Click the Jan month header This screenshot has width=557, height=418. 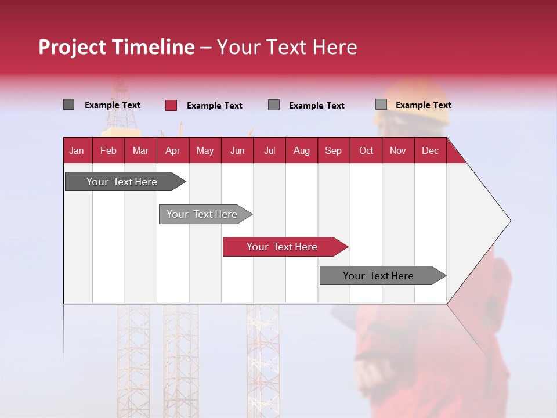point(77,151)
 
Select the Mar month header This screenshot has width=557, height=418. point(140,151)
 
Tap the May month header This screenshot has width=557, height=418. point(205,151)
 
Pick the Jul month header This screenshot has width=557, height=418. point(269,151)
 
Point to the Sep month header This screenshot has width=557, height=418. point(333,151)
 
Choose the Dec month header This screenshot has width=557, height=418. point(430,151)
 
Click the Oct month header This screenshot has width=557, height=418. point(366,151)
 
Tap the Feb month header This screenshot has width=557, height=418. point(108,151)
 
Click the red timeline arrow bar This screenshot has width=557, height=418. point(284,247)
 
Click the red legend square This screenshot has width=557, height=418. point(171,105)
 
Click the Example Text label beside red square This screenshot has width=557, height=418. point(215,106)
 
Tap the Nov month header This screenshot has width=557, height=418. point(398,151)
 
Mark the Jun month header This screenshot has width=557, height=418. point(237,151)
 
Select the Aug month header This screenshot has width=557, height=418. point(301,151)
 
